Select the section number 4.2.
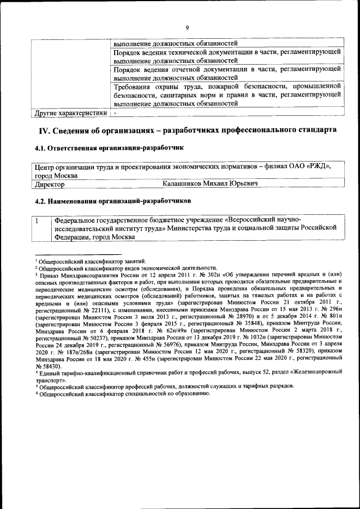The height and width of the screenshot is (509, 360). [x=41, y=200]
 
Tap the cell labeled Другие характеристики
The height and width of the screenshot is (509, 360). [x=70, y=113]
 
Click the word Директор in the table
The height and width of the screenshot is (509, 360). [x=49, y=184]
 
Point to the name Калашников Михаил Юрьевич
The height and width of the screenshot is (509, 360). [x=210, y=184]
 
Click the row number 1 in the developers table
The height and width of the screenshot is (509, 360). [x=37, y=219]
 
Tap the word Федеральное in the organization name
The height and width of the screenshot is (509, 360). [x=77, y=219]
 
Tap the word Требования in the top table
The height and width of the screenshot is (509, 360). [x=132, y=87]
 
